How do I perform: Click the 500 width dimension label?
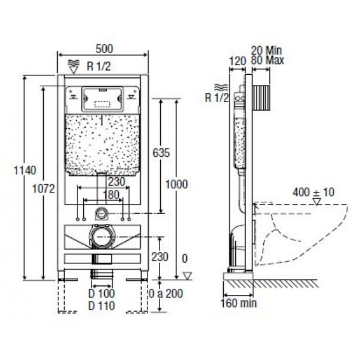[104, 49]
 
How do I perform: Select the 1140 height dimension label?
[25, 171]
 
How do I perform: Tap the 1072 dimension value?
[44, 189]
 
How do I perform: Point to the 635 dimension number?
[161, 153]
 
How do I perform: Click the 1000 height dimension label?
[176, 184]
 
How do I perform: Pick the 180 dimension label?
[111, 195]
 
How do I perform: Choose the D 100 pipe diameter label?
[102, 293]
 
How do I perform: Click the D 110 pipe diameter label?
[102, 306]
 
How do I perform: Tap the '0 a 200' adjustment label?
[166, 294]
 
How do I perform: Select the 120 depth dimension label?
[238, 61]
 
